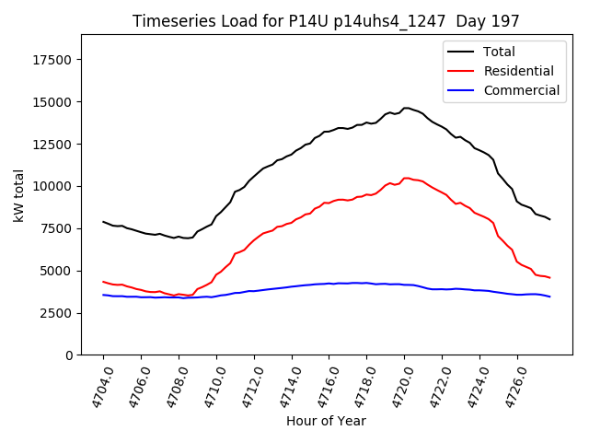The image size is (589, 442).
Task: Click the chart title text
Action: click(x=326, y=21)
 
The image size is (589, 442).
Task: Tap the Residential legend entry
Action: click(x=518, y=71)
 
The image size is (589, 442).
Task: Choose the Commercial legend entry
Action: click(x=521, y=90)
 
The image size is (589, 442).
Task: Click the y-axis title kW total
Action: click(x=18, y=194)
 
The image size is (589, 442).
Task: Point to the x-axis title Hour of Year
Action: click(x=326, y=421)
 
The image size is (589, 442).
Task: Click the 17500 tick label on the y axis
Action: click(x=52, y=60)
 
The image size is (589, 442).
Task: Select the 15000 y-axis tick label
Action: click(x=52, y=102)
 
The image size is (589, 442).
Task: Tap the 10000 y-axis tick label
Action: click(x=52, y=186)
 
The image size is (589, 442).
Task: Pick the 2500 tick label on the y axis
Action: click(x=56, y=313)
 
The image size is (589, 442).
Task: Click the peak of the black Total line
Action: click(x=406, y=108)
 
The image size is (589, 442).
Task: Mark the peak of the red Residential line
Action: click(x=406, y=178)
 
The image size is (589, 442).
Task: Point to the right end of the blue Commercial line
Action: click(x=550, y=297)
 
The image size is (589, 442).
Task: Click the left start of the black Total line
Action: click(x=103, y=221)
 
